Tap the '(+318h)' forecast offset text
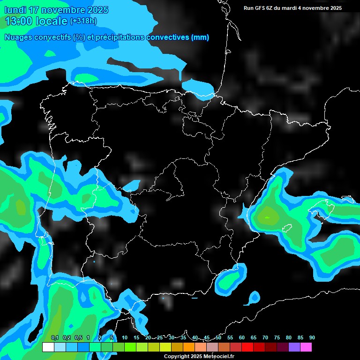click(83, 21)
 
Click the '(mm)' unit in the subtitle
click(200, 37)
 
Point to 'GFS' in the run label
click(263, 8)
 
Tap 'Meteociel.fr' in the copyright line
click(220, 356)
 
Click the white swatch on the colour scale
click(48, 347)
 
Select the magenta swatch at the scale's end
click(306, 347)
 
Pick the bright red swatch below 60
click(247, 347)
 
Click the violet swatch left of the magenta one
click(294, 347)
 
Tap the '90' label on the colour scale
click(312, 337)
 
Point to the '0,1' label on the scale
click(55, 337)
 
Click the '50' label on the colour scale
click(218, 337)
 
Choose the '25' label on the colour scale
click(160, 337)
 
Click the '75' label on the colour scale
click(277, 337)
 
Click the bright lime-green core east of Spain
click(268, 217)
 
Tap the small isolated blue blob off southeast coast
click(255, 297)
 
